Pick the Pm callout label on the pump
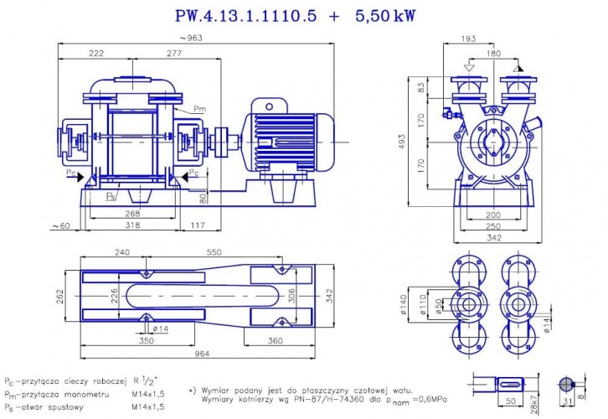coord(199,109)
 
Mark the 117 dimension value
coord(198,226)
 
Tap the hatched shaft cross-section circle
coord(567,383)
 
